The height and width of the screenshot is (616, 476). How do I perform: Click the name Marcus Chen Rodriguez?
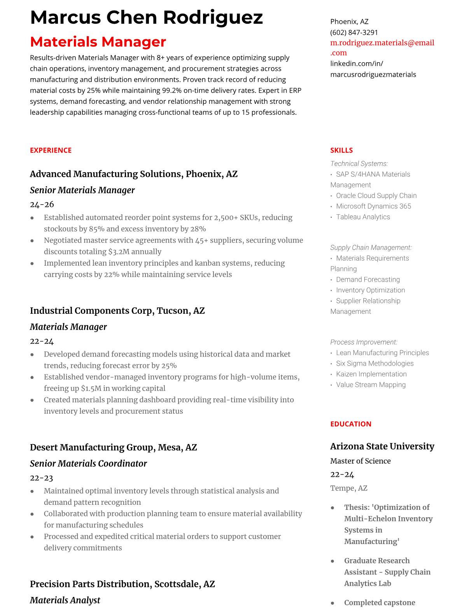pyautogui.click(x=146, y=17)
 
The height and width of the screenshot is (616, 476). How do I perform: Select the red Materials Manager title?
pyautogui.click(x=98, y=42)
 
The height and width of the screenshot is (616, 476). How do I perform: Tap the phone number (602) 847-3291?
pyautogui.click(x=354, y=32)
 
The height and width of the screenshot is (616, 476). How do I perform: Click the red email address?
pyautogui.click(x=382, y=47)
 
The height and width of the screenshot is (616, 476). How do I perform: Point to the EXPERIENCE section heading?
pyautogui.click(x=51, y=150)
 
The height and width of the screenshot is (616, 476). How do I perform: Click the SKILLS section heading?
pyautogui.click(x=341, y=150)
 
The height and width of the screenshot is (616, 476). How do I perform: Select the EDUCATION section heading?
pyautogui.click(x=351, y=424)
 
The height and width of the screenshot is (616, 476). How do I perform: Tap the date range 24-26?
pyautogui.click(x=42, y=204)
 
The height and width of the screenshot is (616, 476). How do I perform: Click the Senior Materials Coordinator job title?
pyautogui.click(x=88, y=464)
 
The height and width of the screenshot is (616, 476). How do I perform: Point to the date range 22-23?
pyautogui.click(x=41, y=478)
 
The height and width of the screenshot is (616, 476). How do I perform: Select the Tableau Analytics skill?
pyautogui.click(x=363, y=217)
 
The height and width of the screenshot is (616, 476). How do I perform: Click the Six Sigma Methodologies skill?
pyautogui.click(x=374, y=363)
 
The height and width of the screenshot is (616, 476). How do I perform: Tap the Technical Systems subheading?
pyautogui.click(x=359, y=164)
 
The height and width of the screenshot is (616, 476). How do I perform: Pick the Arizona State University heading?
pyautogui.click(x=382, y=446)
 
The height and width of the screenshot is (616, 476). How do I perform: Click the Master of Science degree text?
pyautogui.click(x=360, y=461)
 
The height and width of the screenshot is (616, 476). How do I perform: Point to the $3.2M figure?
pyautogui.click(x=119, y=252)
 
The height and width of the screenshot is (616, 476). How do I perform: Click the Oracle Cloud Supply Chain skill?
pyautogui.click(x=376, y=196)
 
